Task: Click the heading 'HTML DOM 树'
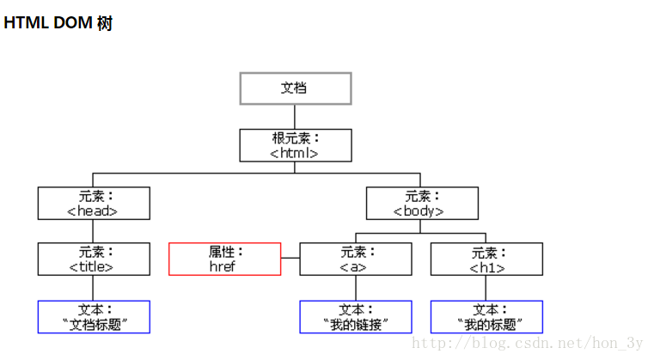coord(58,23)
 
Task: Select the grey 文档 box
coord(295,88)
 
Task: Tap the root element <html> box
coord(295,145)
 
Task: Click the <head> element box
coord(94,203)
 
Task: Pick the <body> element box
coord(421,203)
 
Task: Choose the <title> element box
coord(94,259)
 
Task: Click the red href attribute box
coord(224,259)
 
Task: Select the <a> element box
coord(356,259)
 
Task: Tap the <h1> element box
coord(486,259)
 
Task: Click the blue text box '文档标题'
coord(94,316)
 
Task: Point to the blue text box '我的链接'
coord(356,316)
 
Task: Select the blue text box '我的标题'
coord(486,316)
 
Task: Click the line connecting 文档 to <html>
coord(295,117)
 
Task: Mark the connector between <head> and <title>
coord(94,231)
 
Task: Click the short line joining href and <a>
coord(290,259)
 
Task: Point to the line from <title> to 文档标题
coord(94,288)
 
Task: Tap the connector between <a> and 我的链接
coord(356,288)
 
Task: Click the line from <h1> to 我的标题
coord(486,288)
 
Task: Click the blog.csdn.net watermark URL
coord(528,343)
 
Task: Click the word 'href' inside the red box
coord(223,266)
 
